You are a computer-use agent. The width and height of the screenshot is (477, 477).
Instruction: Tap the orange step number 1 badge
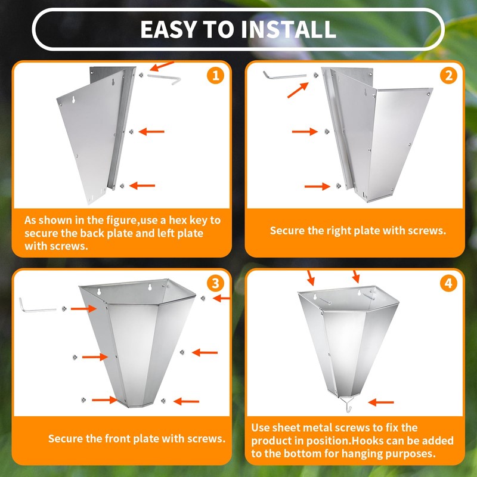(215, 75)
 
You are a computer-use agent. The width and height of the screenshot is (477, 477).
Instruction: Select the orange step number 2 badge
(448, 75)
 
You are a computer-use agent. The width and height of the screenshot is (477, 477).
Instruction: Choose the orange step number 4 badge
(448, 284)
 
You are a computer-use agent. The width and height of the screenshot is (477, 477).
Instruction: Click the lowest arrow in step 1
(143, 185)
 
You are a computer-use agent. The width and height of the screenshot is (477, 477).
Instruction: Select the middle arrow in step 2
(305, 131)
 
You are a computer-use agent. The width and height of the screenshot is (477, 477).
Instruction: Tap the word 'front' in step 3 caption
(119, 438)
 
